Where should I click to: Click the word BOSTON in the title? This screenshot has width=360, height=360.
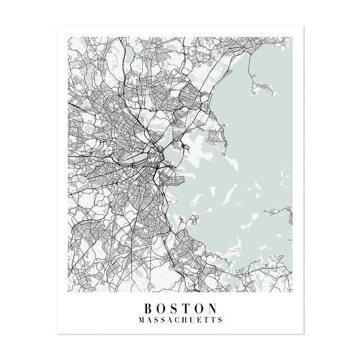(x=180, y=307)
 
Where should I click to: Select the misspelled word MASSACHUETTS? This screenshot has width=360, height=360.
(x=180, y=320)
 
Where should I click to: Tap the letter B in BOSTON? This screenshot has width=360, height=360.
(x=148, y=307)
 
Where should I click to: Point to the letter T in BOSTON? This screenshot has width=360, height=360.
(x=187, y=307)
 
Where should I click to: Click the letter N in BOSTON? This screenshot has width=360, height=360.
(x=212, y=307)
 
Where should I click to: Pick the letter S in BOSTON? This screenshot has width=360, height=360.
(x=174, y=307)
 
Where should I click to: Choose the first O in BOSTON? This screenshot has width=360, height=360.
(x=161, y=307)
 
